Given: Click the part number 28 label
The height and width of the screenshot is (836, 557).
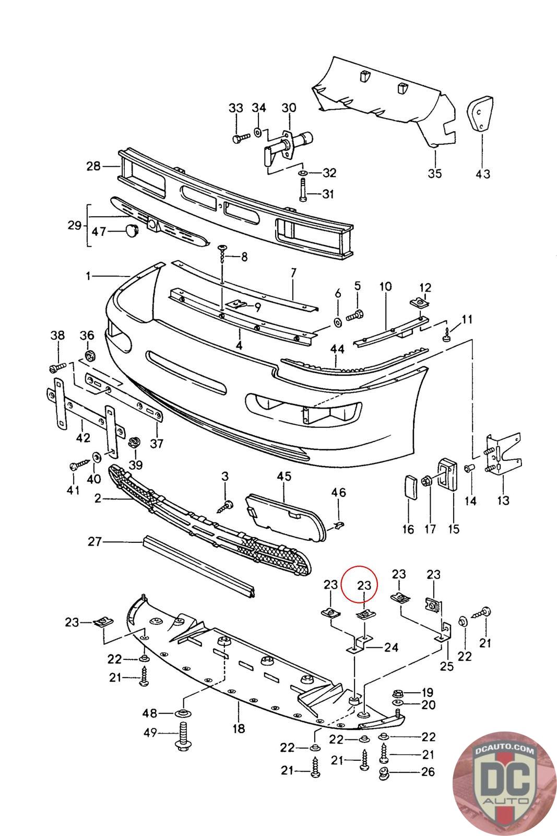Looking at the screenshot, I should pyautogui.click(x=93, y=167).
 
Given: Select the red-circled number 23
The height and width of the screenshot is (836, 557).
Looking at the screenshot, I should pyautogui.click(x=364, y=586).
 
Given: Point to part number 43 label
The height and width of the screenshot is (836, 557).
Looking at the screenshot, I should pyautogui.click(x=483, y=173).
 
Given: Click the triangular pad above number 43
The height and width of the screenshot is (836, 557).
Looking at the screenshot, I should pyautogui.click(x=481, y=112).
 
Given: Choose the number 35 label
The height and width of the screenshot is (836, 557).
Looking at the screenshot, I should pyautogui.click(x=434, y=173).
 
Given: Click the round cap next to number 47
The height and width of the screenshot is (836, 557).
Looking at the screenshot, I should pyautogui.click(x=132, y=230).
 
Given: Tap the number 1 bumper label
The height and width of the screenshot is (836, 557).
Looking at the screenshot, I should pyautogui.click(x=89, y=275).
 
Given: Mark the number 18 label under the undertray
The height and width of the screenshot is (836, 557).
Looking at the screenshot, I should pyautogui.click(x=239, y=728).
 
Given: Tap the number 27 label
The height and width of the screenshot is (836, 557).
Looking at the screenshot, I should pyautogui.click(x=94, y=542).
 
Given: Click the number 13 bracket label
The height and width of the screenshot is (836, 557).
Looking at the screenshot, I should pyautogui.click(x=503, y=500).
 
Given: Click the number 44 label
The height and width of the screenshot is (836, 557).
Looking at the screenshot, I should pyautogui.click(x=337, y=348).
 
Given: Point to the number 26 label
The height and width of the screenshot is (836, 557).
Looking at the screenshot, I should pyautogui.click(x=428, y=772).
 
